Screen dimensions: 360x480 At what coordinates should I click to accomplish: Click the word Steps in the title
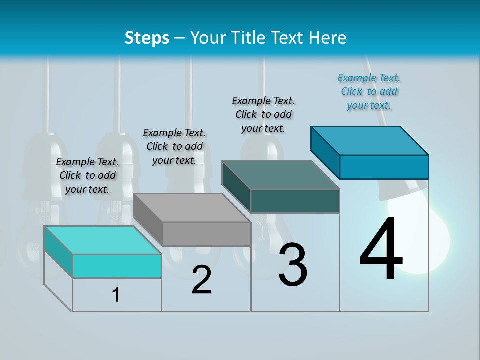tap(147, 38)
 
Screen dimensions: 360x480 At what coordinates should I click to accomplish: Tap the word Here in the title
tap(327, 38)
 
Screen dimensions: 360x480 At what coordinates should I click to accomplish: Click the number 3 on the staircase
tap(293, 265)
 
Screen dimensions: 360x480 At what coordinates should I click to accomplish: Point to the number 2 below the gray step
tap(201, 280)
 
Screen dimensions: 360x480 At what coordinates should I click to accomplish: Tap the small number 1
tap(116, 295)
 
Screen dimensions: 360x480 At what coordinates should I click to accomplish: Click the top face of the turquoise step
tap(102, 240)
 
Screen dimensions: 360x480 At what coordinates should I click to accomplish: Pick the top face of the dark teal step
tap(280, 175)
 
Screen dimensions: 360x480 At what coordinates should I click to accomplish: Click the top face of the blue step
tap(369, 140)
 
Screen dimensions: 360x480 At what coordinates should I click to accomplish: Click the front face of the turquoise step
tap(117, 266)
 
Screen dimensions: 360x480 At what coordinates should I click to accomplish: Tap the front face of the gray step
tap(206, 234)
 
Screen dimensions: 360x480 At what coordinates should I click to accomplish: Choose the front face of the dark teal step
tap(295, 201)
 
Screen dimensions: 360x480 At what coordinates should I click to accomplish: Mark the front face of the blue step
tap(384, 167)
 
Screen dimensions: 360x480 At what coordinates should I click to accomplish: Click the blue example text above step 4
tap(369, 91)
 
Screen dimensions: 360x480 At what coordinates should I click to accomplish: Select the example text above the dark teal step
tap(264, 114)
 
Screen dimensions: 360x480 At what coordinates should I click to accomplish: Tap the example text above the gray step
tap(174, 146)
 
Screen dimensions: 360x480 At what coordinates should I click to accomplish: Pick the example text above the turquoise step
tap(87, 175)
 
